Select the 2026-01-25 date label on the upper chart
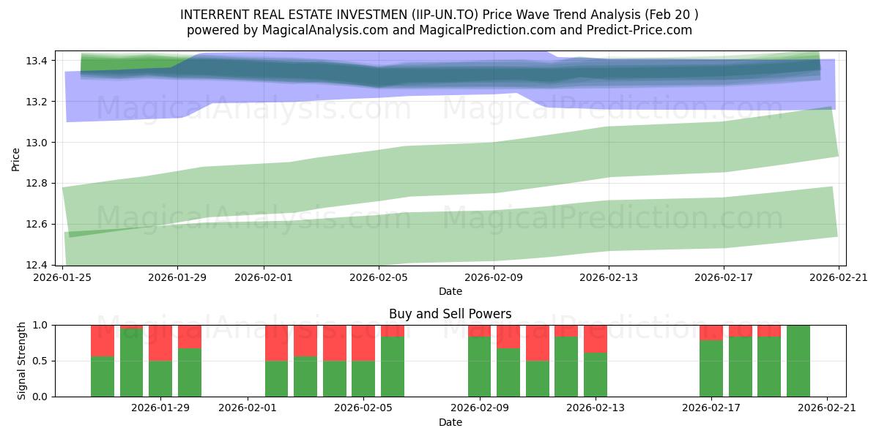[x=62, y=277]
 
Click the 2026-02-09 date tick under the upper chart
[x=494, y=277]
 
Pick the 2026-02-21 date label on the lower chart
[x=827, y=408]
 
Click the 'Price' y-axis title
[x=16, y=158]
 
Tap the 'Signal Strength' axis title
[x=22, y=361]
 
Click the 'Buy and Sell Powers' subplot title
[x=450, y=314]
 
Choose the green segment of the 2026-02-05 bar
[x=363, y=378]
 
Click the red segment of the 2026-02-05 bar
[x=363, y=342]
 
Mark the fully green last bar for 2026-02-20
[x=798, y=361]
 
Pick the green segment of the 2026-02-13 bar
[x=595, y=375]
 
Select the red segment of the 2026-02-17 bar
[x=711, y=332]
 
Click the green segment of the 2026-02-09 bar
[x=479, y=367]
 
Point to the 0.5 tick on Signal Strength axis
[x=41, y=361]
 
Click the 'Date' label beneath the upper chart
[x=450, y=291]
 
